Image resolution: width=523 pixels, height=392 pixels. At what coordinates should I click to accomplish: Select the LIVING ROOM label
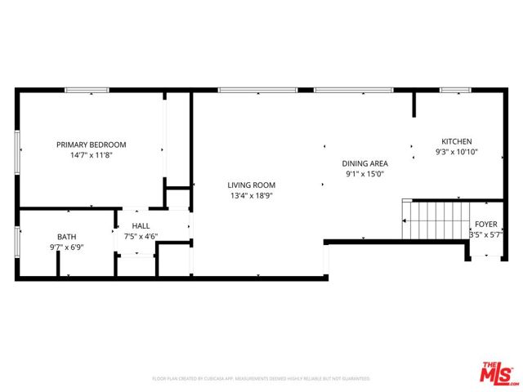[x=251, y=185]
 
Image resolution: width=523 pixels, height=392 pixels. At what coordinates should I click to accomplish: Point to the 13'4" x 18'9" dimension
[x=251, y=196]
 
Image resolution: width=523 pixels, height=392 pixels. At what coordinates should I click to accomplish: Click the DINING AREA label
[x=364, y=163]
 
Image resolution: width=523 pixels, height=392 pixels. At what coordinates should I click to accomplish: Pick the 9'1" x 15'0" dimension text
[x=364, y=174]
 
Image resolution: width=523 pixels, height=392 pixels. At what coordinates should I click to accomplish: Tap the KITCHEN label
[x=456, y=141]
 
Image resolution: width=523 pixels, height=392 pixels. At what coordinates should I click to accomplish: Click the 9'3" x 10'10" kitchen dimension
[x=456, y=152]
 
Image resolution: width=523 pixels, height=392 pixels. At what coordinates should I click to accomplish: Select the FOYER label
[x=485, y=224]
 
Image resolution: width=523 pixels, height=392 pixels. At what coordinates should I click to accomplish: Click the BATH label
[x=66, y=237]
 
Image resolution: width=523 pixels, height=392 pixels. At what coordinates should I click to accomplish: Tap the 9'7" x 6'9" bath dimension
[x=66, y=247]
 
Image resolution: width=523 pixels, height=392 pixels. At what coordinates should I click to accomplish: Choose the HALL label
[x=141, y=226]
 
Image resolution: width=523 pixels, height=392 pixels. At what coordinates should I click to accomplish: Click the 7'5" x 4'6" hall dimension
[x=141, y=237]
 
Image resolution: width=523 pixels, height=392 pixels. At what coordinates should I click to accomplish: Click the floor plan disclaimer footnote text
[x=261, y=379]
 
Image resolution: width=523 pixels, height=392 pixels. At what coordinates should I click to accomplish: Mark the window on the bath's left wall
[x=17, y=243]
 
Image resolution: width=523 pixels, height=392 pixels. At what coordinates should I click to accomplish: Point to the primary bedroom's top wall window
[x=87, y=90]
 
